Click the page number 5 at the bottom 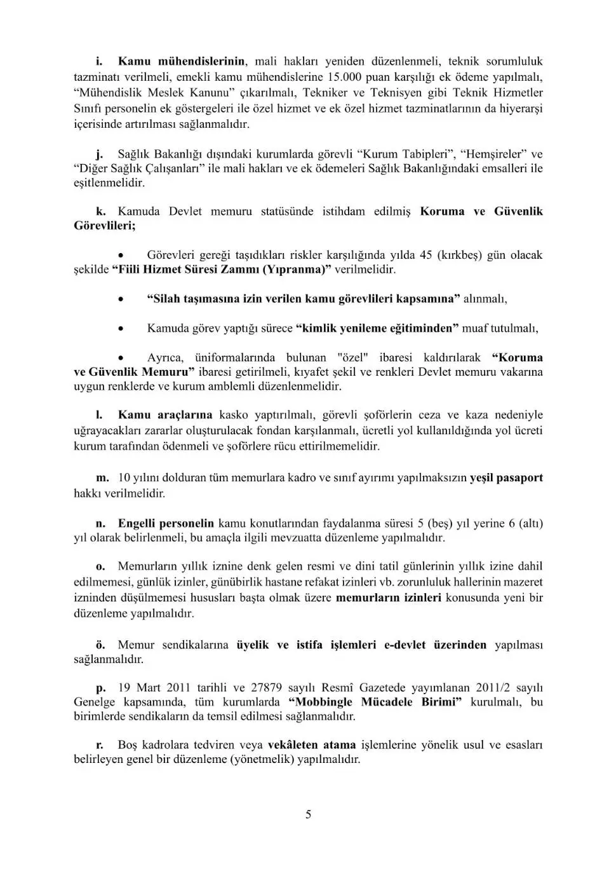click(308, 814)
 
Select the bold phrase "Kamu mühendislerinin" click(182, 62)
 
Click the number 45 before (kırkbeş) click(426, 255)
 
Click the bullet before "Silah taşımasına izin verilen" click(121, 299)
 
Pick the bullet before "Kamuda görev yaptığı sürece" click(121, 329)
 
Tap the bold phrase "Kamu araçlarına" click(165, 415)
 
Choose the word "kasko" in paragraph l click(233, 415)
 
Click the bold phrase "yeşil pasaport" click(506, 477)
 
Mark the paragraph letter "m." click(102, 477)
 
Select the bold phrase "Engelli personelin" click(166, 523)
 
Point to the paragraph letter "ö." click(101, 645)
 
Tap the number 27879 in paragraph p click(265, 687)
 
